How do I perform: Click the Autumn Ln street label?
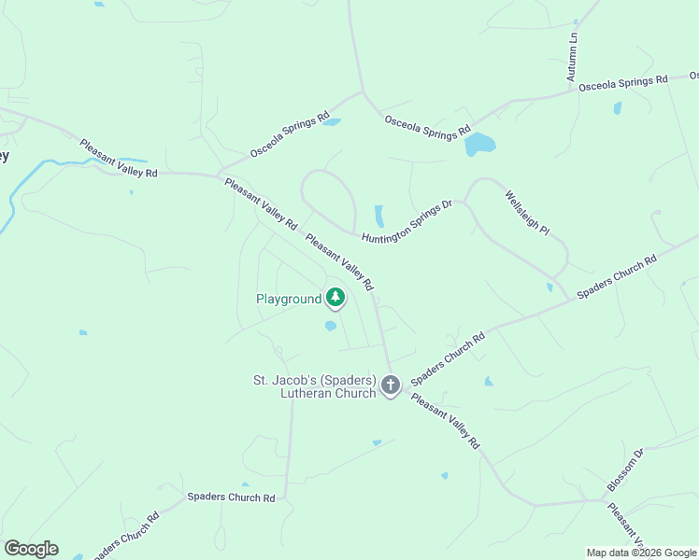pos(574,56)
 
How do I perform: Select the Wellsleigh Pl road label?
pos(528,214)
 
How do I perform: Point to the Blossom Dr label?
pos(626,470)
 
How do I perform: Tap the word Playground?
pos(289,300)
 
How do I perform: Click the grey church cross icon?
pos(391,384)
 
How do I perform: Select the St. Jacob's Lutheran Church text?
pos(314,386)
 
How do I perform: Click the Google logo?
pos(31,548)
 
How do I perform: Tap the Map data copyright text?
pos(641,553)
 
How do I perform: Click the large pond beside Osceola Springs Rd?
pos(478,144)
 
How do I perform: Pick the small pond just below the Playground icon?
pos(330,326)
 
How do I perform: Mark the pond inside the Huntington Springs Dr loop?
pos(378,215)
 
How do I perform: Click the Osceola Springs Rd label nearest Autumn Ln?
pos(623,83)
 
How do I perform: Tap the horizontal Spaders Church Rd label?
pos(231,497)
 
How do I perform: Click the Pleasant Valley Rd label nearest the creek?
pos(119,160)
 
